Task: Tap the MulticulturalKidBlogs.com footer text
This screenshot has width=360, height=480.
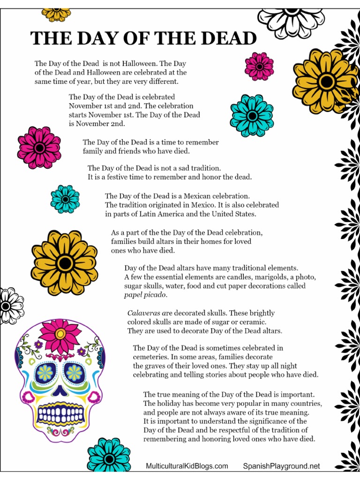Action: pyautogui.click(x=187, y=466)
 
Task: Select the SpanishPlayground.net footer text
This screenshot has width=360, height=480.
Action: pyautogui.click(x=282, y=466)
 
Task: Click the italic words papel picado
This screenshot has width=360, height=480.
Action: pyautogui.click(x=145, y=295)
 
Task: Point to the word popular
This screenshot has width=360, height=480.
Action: pyautogui.click(x=250, y=404)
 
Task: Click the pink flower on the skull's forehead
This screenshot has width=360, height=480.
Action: pyautogui.click(x=60, y=333)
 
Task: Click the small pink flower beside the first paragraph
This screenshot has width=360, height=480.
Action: pyautogui.click(x=259, y=67)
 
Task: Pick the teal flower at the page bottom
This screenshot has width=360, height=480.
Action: pyautogui.click(x=109, y=455)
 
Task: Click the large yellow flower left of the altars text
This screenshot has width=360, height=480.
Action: pyautogui.click(x=65, y=263)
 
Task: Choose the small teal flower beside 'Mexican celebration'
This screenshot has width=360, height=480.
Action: pyautogui.click(x=65, y=199)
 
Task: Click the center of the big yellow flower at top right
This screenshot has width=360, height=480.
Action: pyautogui.click(x=326, y=81)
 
